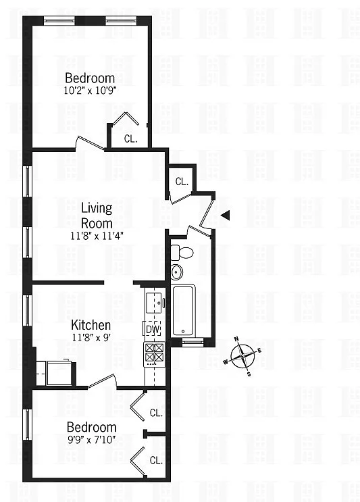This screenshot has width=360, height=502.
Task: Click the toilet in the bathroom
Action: (182, 253)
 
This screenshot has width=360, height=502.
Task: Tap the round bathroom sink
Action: (176, 272)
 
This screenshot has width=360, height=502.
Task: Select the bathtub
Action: (183, 311)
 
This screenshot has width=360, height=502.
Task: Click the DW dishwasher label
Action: (153, 329)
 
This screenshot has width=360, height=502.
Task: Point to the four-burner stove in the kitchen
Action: (155, 354)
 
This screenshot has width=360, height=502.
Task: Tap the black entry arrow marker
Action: (226, 216)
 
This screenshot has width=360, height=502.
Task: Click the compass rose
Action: (242, 356)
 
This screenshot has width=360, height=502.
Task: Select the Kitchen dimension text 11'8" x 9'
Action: (92, 337)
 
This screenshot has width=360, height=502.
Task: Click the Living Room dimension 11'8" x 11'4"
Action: (97, 236)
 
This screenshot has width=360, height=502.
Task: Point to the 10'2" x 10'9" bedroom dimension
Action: (90, 91)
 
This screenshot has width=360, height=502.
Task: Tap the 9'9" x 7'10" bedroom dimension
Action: (91, 440)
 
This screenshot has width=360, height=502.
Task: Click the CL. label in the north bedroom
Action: (130, 139)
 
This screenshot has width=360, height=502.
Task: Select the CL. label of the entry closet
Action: (182, 182)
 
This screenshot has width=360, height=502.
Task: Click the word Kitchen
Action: (91, 325)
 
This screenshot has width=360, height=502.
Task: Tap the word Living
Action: (97, 208)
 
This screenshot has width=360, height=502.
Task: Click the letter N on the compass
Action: (237, 338)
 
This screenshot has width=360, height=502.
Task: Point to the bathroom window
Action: (192, 342)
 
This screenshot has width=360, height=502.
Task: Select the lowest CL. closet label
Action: (156, 460)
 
